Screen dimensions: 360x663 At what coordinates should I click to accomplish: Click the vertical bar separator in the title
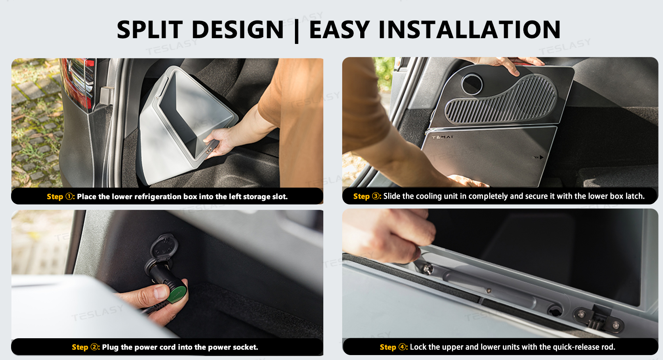pos(297,31)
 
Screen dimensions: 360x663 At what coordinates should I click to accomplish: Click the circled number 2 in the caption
pos(94,347)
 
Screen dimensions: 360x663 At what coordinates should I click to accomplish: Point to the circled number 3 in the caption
pos(376,196)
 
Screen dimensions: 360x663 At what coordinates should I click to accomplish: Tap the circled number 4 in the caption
pos(402,347)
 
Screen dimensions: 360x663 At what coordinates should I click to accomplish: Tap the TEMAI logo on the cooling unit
pos(442,137)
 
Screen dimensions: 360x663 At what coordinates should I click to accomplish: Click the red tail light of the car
pos(80,82)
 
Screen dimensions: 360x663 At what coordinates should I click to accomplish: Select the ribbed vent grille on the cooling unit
pos(501,101)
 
